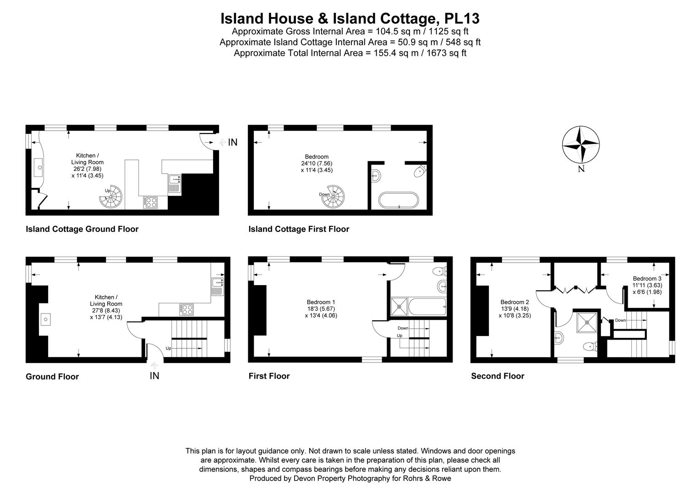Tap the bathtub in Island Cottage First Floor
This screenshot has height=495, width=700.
(x=399, y=200)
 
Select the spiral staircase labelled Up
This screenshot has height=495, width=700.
(x=111, y=197)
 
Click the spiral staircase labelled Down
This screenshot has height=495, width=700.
(x=333, y=197)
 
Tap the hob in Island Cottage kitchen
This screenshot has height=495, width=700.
(x=150, y=202)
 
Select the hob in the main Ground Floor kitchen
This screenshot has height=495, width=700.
(x=186, y=309)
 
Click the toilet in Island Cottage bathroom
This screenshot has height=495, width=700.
(x=420, y=171)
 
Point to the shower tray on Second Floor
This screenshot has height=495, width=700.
(x=587, y=322)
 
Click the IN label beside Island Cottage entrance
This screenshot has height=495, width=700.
(x=233, y=143)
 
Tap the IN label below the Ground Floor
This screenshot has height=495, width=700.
(x=154, y=376)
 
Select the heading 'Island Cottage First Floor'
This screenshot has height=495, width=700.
(x=299, y=229)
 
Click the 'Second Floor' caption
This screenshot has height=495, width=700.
(x=498, y=376)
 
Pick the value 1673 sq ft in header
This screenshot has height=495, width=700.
(x=446, y=53)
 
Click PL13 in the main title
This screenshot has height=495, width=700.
(x=462, y=18)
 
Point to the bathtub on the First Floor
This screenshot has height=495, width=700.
(x=427, y=307)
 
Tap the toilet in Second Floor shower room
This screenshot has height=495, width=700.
(x=590, y=346)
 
